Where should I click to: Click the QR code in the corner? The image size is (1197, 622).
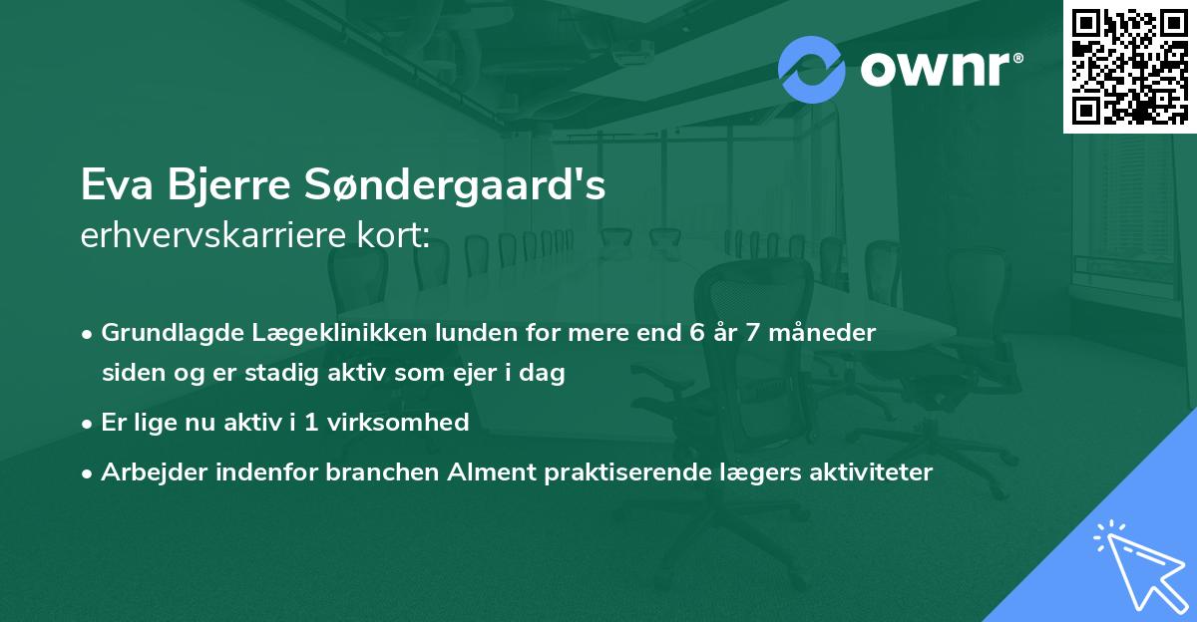[x=1129, y=67]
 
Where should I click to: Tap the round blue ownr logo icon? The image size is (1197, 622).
[x=812, y=69]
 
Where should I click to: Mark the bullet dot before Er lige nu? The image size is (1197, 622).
[x=89, y=423]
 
